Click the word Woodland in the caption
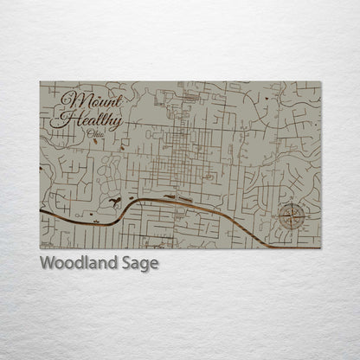(78, 263)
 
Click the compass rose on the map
(291, 217)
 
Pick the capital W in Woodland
(47, 263)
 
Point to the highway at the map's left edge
(42, 211)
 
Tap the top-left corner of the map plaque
(40, 81)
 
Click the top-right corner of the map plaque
(320, 81)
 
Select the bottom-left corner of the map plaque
(40, 248)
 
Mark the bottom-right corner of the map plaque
(320, 248)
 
